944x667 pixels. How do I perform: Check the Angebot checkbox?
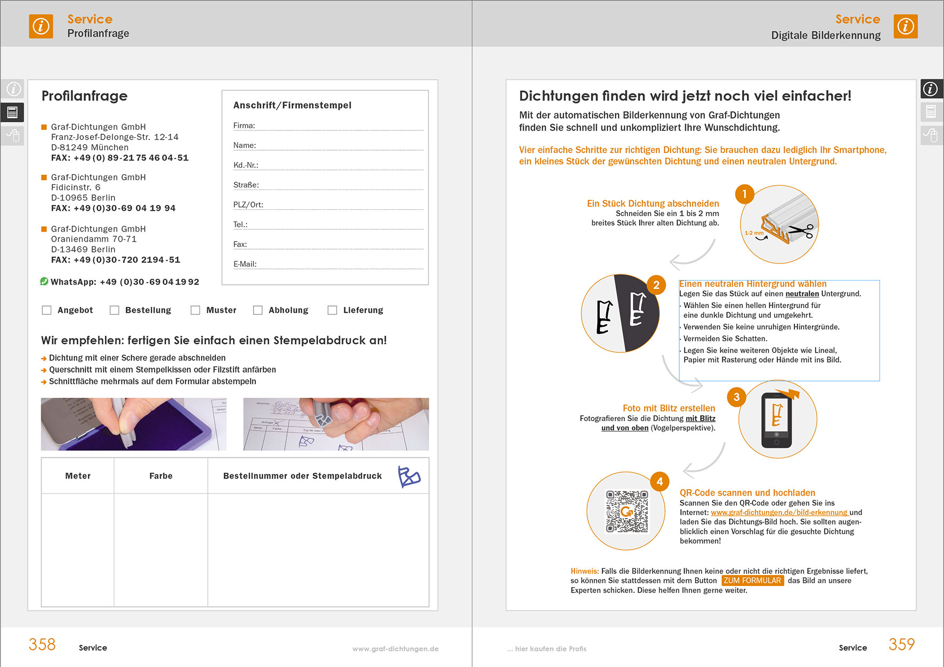[x=47, y=310]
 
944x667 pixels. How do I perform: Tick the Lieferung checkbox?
[x=332, y=310]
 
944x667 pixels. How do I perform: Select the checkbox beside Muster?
[x=196, y=310]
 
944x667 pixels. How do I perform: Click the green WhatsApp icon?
[x=44, y=282]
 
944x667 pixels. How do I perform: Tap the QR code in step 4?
[x=627, y=512]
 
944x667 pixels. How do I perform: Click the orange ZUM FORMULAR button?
[x=752, y=581]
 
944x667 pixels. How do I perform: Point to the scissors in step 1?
[x=801, y=231]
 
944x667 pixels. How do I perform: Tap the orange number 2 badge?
[x=656, y=285]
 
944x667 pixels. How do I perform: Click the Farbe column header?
[x=161, y=476]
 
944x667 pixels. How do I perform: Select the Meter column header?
[x=78, y=476]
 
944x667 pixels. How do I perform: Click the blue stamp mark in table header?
[x=409, y=476]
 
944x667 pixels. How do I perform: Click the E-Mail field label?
[x=245, y=264]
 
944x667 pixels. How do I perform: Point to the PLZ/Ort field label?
[x=248, y=205]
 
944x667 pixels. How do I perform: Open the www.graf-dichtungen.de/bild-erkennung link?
[x=779, y=513]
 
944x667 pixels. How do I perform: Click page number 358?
[x=42, y=645]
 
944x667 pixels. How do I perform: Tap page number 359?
[x=901, y=645]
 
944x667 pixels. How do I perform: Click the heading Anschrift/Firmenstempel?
[x=292, y=105]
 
